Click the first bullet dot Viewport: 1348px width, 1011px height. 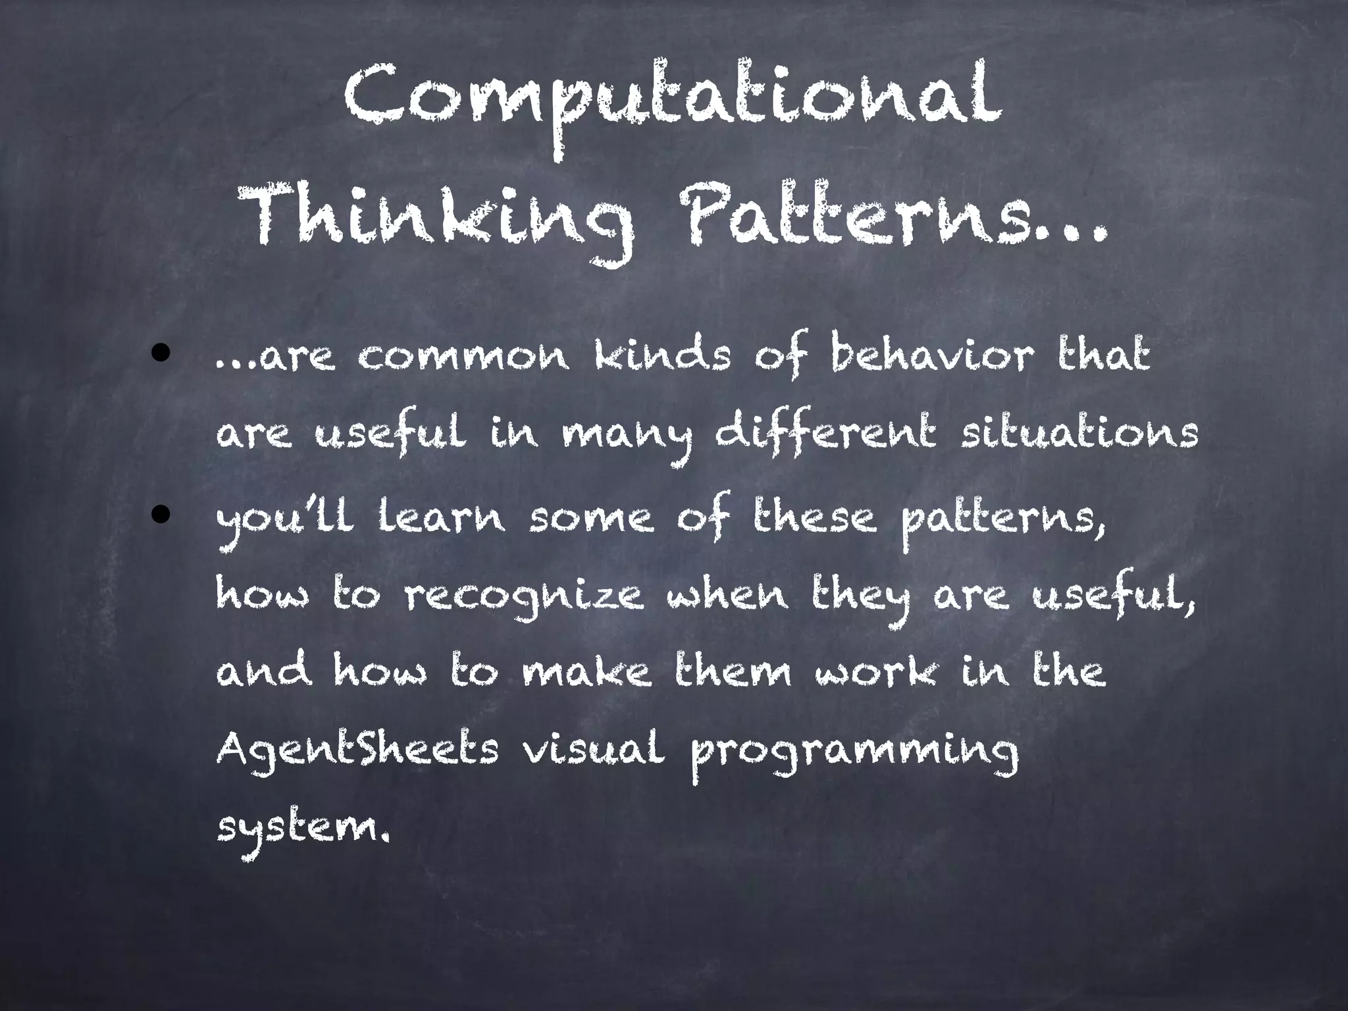pyautogui.click(x=160, y=355)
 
